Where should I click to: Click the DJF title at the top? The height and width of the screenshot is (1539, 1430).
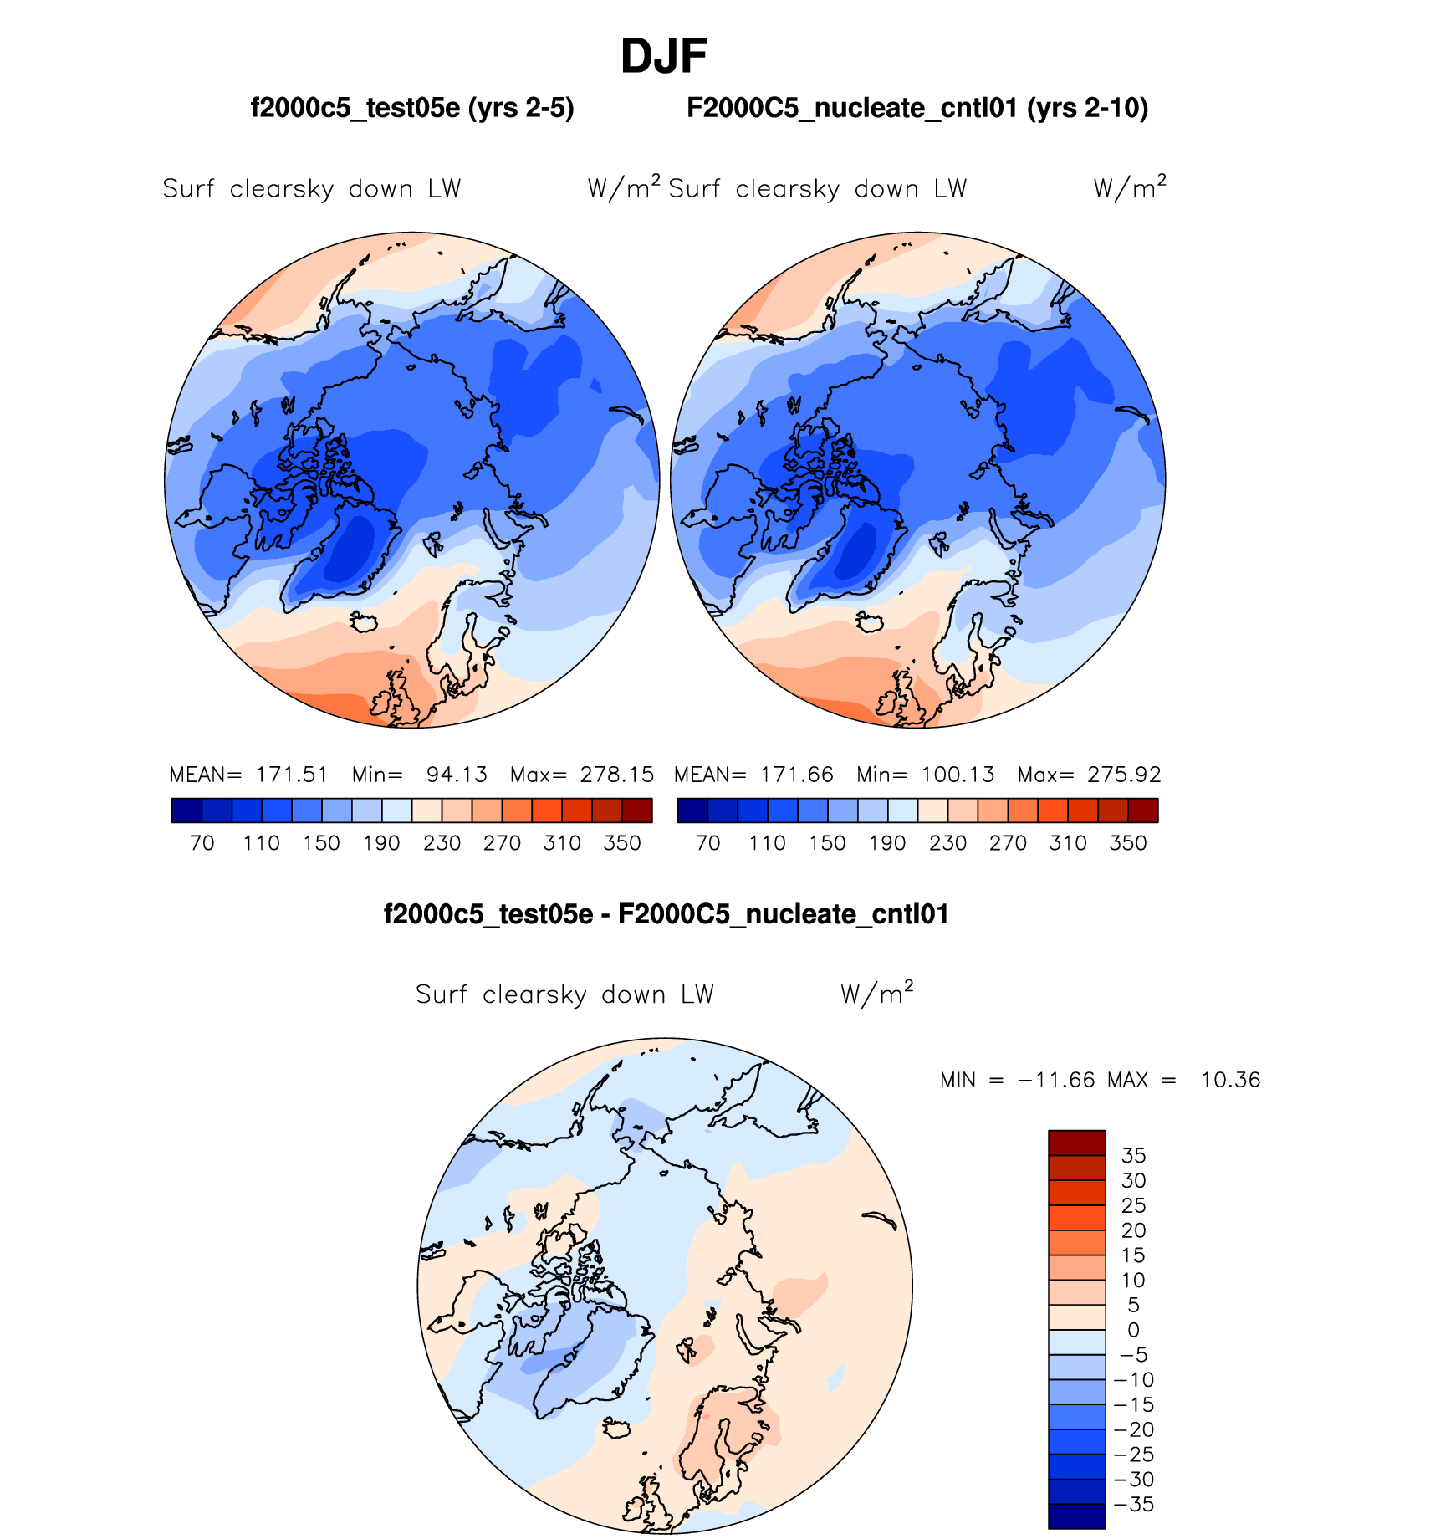click(664, 57)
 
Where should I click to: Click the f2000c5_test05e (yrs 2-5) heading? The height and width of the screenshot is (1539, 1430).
click(412, 108)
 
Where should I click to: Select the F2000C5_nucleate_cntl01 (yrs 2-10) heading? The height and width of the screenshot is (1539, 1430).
click(917, 108)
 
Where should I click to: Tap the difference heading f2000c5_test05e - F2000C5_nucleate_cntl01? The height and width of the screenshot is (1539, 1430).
click(666, 914)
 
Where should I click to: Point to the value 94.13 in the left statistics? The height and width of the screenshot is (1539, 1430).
click(457, 775)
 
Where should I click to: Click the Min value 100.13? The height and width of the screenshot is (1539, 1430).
click(958, 775)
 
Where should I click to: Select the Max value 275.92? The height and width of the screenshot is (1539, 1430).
click(1124, 775)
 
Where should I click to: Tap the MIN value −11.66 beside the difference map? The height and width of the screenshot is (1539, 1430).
click(1056, 1080)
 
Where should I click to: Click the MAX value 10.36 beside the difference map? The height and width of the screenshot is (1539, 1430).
click(1230, 1080)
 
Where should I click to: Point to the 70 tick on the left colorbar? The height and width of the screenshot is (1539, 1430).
click(202, 843)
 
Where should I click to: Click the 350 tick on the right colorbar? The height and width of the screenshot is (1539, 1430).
click(1128, 843)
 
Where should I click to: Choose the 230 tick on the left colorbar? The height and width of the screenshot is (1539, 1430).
click(442, 843)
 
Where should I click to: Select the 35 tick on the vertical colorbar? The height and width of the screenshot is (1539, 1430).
click(1133, 1156)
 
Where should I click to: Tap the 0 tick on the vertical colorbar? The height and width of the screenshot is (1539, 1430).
click(1133, 1330)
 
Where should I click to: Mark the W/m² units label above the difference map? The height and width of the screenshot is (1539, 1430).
click(876, 994)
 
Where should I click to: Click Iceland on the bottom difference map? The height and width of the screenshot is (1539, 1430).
click(616, 1429)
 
